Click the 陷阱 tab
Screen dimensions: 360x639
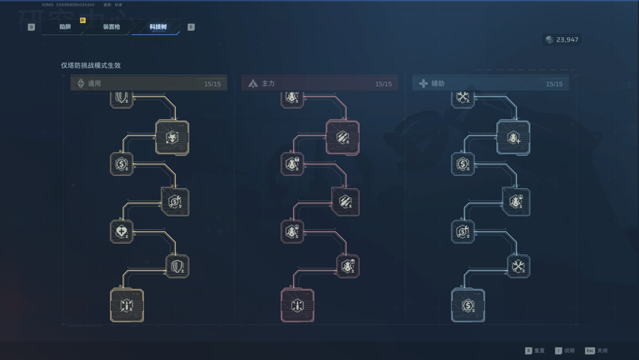65,27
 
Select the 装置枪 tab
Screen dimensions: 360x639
111,27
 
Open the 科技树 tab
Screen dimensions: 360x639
158,27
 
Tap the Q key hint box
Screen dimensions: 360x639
31,27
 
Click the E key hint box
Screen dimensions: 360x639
191,27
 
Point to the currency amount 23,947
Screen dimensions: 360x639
567,40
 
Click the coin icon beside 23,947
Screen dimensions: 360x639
550,40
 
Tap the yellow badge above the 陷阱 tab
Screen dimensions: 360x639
83,20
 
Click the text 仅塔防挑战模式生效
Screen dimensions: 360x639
91,65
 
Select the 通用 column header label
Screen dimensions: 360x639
94,83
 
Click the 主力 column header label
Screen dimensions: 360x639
268,83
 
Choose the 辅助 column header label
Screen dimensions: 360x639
438,83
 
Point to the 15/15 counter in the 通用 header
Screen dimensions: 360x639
212,84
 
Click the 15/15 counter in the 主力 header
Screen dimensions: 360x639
383,84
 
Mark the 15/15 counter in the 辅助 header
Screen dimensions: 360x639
554,84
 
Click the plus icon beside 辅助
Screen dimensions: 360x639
424,83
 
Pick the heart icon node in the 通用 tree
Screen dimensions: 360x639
121,232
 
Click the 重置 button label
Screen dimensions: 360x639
539,351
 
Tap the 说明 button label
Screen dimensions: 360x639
569,351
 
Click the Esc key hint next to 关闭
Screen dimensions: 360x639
590,351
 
